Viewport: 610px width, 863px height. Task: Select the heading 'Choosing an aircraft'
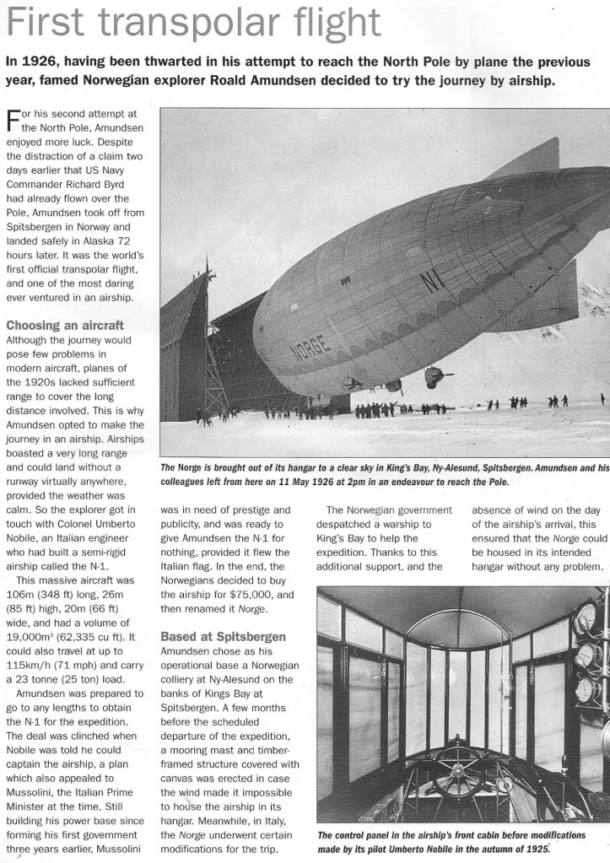click(65, 325)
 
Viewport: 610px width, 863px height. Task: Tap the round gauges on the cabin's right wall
click(585, 666)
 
